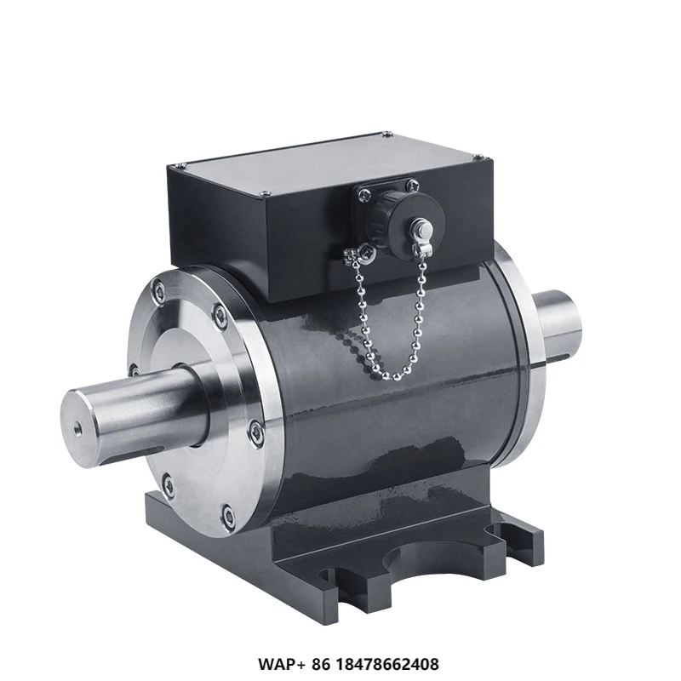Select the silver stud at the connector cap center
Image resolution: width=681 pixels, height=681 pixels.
421,227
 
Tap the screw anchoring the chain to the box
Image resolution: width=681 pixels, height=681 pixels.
366,251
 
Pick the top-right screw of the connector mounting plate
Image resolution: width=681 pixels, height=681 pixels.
412,183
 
